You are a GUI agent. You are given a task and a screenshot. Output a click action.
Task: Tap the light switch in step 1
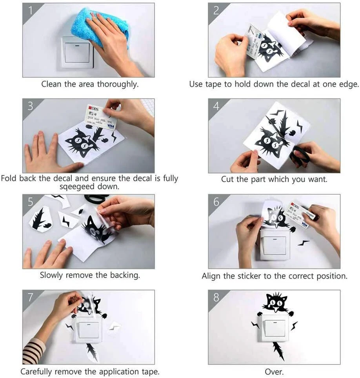tap(77, 52)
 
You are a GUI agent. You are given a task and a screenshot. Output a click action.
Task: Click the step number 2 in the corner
tap(216, 10)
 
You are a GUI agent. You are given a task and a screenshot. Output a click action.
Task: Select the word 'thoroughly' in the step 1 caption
tap(118, 84)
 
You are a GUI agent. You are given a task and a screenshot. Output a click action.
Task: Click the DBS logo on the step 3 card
tap(93, 108)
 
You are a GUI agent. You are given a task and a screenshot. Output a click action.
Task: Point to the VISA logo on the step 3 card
tap(111, 126)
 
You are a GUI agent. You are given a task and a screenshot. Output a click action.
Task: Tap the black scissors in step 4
tap(300, 154)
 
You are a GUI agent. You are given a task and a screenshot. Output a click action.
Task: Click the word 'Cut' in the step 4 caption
tap(227, 179)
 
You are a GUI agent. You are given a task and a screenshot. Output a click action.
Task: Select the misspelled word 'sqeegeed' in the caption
tap(77, 187)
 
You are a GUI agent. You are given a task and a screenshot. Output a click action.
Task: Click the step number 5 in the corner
tap(30, 202)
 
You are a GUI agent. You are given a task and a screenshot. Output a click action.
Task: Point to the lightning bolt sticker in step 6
tap(303, 243)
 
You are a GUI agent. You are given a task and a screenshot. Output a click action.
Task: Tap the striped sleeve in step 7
tap(34, 351)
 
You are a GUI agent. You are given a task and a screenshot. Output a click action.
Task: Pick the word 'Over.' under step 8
tap(274, 371)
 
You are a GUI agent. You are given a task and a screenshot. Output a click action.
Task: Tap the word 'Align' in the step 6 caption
tap(211, 276)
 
